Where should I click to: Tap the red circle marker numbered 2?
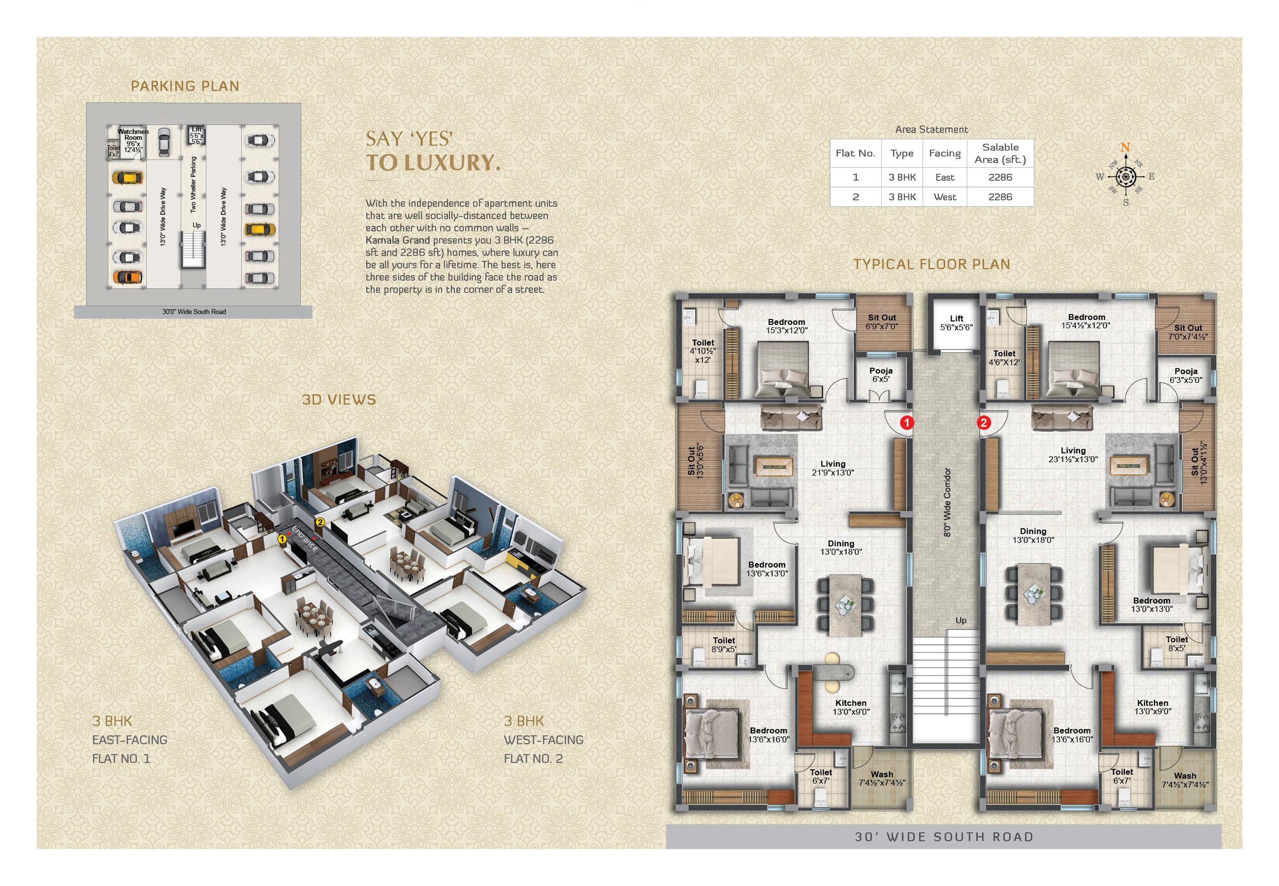coord(984,422)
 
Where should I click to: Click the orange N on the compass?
coord(1125,147)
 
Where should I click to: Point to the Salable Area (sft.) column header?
coord(1000,153)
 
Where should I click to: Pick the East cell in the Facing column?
coord(945,178)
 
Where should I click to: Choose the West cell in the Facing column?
coord(945,197)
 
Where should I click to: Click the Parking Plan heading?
coord(185,86)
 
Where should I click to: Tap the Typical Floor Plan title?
coord(931,264)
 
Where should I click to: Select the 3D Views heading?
coord(339,400)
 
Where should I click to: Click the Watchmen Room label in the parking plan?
coord(133,134)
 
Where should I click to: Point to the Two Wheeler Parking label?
coord(193,184)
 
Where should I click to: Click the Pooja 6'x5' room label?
coord(881,375)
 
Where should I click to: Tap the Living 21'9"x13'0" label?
coord(832,468)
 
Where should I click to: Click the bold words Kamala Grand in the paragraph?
coord(397,240)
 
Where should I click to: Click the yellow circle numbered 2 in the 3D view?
coord(320,522)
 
